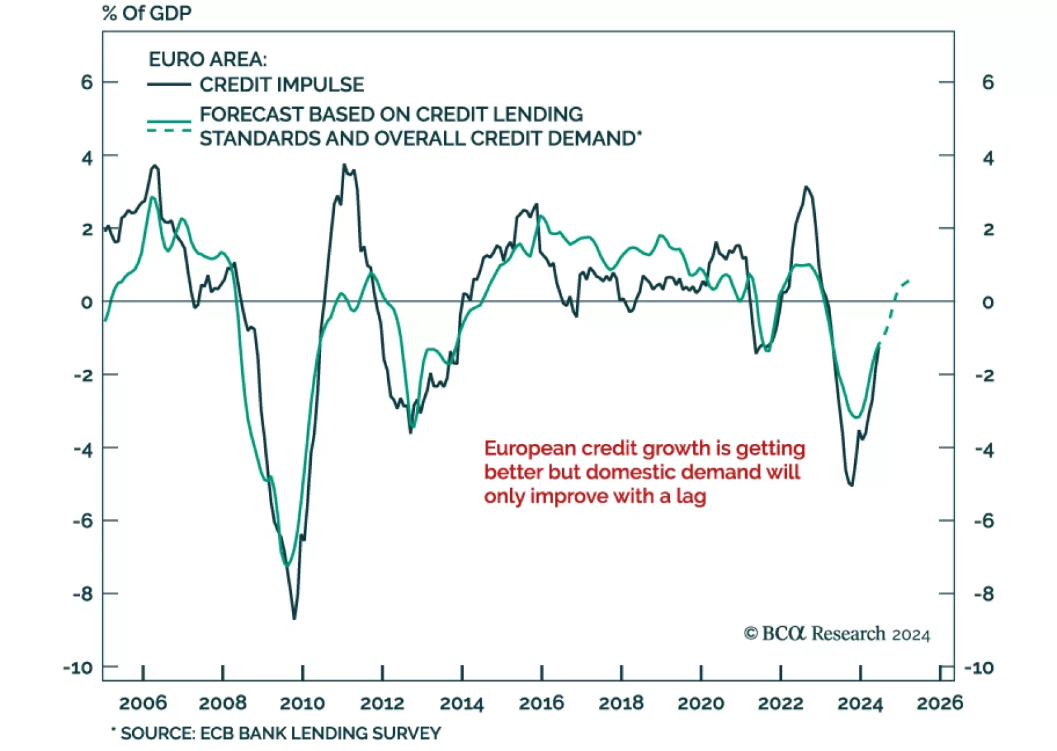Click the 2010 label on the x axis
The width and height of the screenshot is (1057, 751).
click(x=302, y=703)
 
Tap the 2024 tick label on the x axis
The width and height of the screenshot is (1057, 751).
click(x=859, y=703)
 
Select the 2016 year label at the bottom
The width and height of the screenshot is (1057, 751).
click(x=541, y=703)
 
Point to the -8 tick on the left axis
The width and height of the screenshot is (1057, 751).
click(x=83, y=593)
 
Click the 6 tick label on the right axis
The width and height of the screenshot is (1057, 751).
click(x=988, y=83)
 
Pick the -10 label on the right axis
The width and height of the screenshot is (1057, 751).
click(x=978, y=668)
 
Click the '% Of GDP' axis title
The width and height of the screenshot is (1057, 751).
click(x=147, y=13)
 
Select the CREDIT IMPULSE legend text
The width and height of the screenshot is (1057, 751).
click(x=281, y=85)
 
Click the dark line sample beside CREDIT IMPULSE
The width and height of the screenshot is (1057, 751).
click(x=168, y=85)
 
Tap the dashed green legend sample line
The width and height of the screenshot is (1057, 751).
click(x=168, y=130)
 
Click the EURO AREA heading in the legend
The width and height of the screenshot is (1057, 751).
click(x=207, y=59)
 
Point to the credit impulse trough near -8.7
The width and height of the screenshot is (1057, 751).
click(x=294, y=618)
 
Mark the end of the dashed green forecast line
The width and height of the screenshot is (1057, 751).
click(x=910, y=281)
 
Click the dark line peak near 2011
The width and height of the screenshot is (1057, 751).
click(x=344, y=165)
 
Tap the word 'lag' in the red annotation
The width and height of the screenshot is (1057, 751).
click(x=690, y=496)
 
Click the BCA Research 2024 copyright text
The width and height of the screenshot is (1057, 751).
click(x=836, y=634)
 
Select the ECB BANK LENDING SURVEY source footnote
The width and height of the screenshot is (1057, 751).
click(x=280, y=733)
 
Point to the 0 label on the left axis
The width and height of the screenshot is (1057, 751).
click(x=87, y=303)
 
